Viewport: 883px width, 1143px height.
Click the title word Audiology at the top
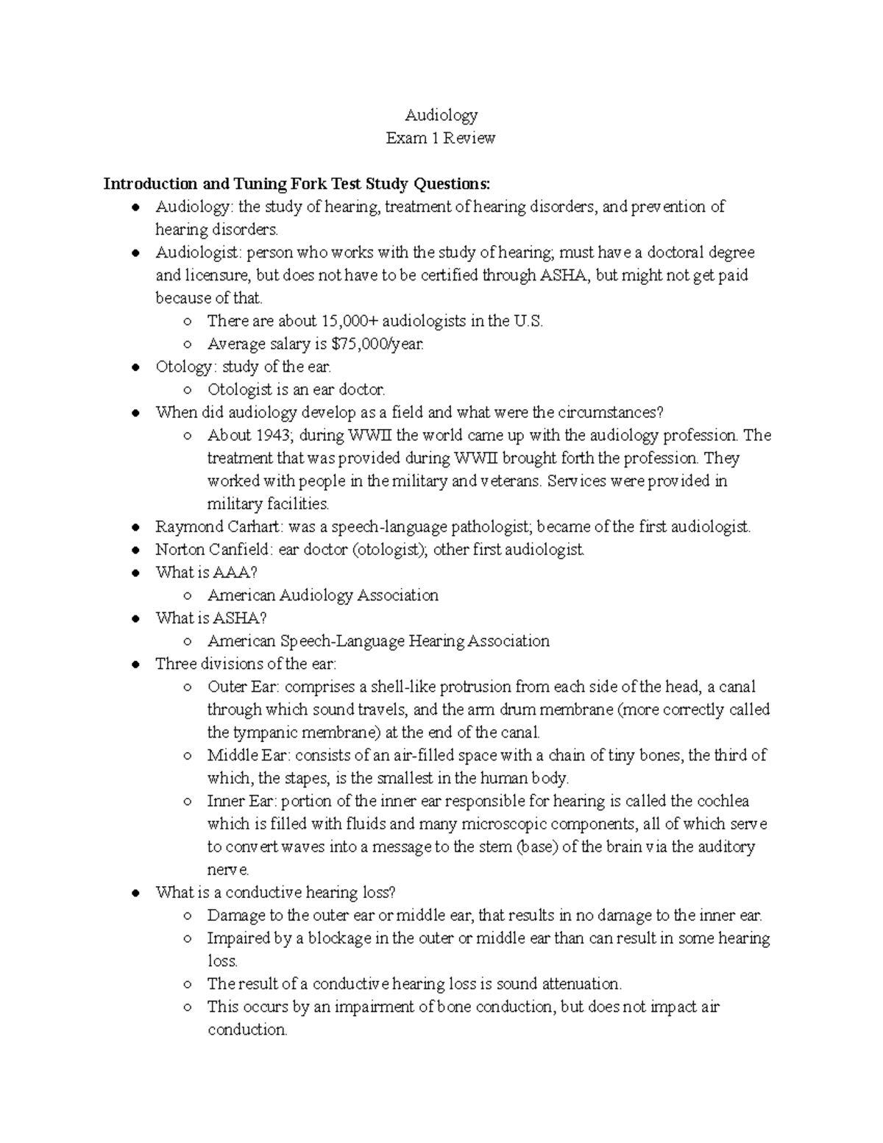[x=441, y=115]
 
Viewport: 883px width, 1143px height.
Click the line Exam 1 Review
[x=441, y=138]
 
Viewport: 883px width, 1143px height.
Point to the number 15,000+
[x=349, y=321]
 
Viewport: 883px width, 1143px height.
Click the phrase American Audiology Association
[x=322, y=595]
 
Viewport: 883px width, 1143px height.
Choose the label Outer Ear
[x=242, y=687]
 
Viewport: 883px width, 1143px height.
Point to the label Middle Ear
[x=247, y=755]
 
